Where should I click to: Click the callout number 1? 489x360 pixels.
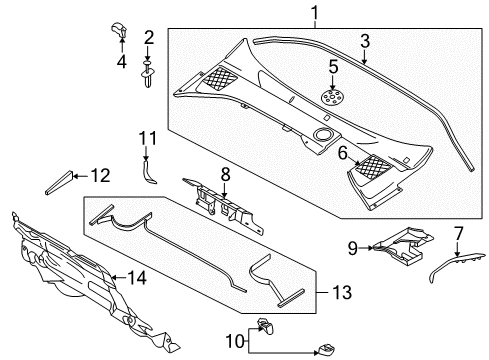[315, 13]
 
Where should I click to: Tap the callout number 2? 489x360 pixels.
[149, 38]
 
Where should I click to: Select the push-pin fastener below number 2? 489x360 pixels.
[148, 75]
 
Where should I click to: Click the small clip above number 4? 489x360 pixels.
[119, 30]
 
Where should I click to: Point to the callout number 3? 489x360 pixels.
[365, 41]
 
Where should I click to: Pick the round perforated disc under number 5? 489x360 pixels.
[330, 97]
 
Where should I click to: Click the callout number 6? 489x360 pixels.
[343, 153]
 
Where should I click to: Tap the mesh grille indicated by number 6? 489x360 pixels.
[373, 165]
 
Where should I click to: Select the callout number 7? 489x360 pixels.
[459, 233]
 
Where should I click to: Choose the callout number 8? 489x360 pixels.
[226, 174]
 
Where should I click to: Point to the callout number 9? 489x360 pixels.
[353, 248]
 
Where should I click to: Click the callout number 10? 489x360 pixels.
[236, 342]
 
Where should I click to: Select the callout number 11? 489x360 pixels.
[148, 138]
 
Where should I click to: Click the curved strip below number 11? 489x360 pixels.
[147, 172]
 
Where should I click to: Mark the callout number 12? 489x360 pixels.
[100, 176]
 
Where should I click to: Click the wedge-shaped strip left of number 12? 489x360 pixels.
[59, 183]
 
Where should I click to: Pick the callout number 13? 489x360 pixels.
[342, 292]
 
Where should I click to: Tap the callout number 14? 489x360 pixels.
[137, 277]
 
